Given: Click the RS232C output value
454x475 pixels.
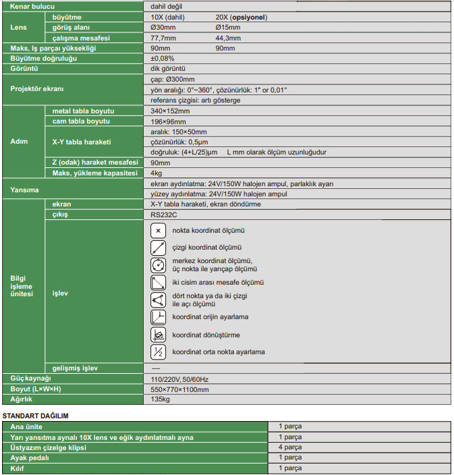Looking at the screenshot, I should [x=163, y=215].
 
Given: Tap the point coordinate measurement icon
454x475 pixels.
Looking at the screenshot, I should [x=159, y=231].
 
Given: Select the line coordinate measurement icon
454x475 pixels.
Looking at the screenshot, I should [x=159, y=248].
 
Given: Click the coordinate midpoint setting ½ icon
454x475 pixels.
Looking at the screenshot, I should [x=159, y=352].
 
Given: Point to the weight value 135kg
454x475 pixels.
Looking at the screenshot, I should [x=160, y=399].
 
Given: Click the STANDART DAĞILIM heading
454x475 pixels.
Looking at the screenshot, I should [x=36, y=416].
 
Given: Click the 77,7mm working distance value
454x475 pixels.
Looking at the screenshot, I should [x=163, y=38].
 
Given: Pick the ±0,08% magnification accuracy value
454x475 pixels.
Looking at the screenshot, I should [x=163, y=59].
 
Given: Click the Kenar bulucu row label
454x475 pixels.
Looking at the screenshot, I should [x=32, y=5].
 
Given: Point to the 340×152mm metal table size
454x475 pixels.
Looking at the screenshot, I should [x=170, y=111].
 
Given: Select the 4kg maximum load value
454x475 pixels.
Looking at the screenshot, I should [x=156, y=173].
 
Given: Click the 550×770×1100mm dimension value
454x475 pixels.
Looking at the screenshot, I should [x=179, y=389].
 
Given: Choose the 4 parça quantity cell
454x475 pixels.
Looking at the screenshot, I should [x=289, y=447].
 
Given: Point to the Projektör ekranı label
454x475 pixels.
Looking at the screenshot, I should [x=37, y=89].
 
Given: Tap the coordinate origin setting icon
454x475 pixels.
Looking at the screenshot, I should [x=159, y=317].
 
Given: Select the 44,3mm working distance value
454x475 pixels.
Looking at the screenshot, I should [x=229, y=38].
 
